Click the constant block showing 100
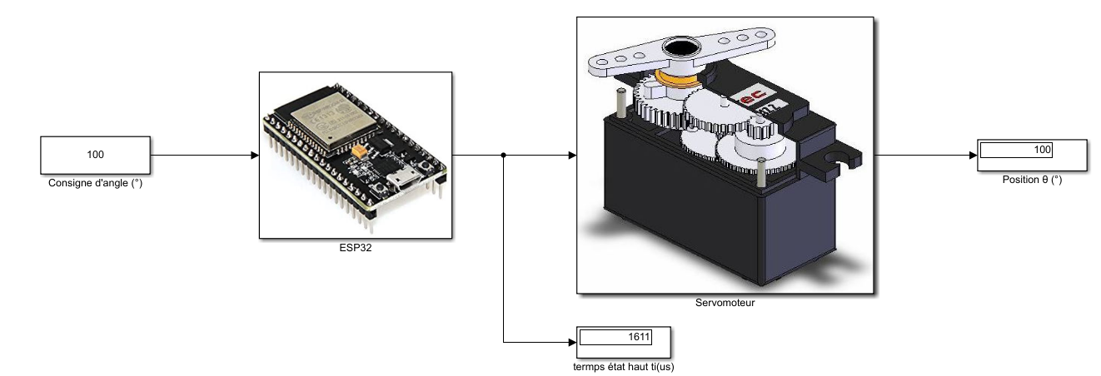click(95, 156)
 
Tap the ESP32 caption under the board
click(355, 247)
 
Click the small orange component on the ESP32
click(359, 153)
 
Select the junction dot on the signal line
click(504, 156)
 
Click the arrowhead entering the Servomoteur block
click(571, 156)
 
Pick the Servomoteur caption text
click(725, 303)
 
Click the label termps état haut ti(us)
click(623, 365)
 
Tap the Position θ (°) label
click(1033, 179)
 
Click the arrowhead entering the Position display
click(972, 156)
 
